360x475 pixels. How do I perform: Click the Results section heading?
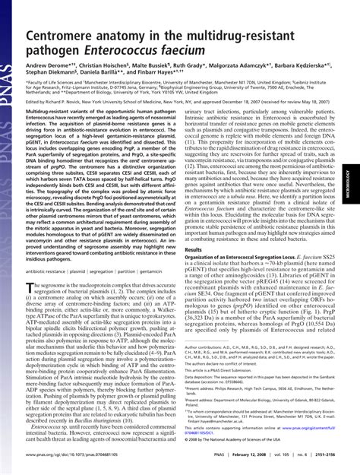click(194, 249)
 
